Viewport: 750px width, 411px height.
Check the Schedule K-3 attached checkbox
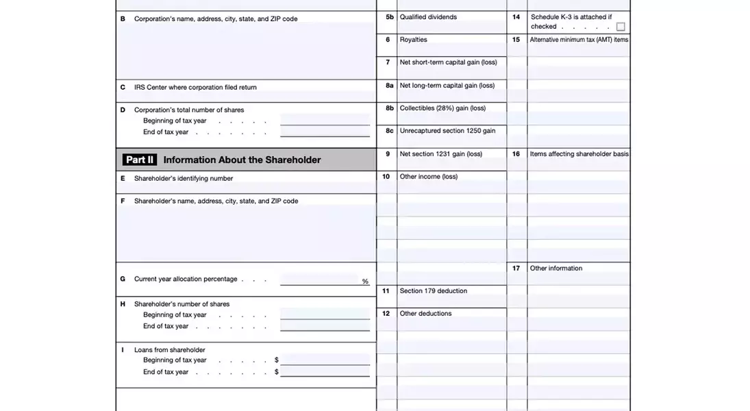point(621,27)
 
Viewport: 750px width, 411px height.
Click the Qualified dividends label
point(428,17)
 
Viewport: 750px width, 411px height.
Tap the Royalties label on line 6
point(413,40)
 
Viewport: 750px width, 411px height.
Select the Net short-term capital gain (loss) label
point(448,62)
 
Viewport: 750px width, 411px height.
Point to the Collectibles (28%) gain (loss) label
point(442,108)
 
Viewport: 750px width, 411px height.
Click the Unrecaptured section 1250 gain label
point(447,131)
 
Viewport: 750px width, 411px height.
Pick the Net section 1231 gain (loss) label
point(440,154)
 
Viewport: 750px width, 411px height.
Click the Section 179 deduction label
point(433,291)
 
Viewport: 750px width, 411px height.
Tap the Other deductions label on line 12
point(425,314)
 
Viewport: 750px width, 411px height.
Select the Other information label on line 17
point(555,269)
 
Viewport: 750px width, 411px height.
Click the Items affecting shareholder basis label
point(579,154)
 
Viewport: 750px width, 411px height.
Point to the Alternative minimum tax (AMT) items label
point(579,40)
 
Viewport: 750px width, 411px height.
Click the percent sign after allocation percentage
point(365,282)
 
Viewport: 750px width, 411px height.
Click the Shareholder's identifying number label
point(184,179)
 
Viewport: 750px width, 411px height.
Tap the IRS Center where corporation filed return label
point(195,88)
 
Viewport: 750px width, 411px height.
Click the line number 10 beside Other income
point(386,177)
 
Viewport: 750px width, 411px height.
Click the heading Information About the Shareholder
point(242,160)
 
